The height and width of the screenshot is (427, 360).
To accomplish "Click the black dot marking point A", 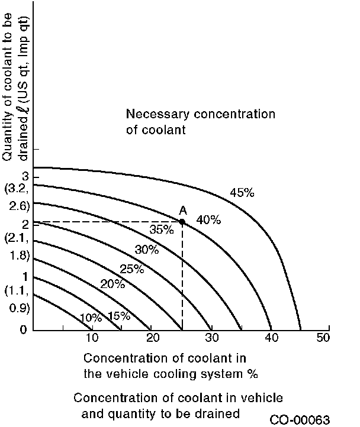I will click(182, 222).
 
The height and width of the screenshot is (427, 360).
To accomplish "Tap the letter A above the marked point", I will click(183, 211).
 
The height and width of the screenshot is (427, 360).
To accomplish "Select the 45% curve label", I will click(242, 192).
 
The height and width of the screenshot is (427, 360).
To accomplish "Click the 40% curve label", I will click(208, 220).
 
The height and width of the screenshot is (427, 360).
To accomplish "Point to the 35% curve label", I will click(161, 229).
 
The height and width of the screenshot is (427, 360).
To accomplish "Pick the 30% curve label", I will click(147, 250).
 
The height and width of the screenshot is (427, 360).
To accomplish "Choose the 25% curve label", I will click(132, 269).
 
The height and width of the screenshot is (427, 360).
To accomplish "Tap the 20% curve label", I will click(112, 284).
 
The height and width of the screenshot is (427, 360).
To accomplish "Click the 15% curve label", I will click(118, 316).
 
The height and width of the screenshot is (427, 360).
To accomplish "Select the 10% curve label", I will click(91, 318).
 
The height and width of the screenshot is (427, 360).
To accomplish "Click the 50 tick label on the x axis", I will click(323, 338).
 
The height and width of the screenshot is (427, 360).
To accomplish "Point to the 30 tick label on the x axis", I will click(211, 338).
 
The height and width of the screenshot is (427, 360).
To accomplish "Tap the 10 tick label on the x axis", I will click(92, 338).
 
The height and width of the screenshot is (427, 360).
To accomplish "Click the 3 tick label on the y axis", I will click(24, 177).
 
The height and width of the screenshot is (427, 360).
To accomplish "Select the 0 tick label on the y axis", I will click(23, 329).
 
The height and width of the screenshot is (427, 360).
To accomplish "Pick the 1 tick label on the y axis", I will click(24, 276).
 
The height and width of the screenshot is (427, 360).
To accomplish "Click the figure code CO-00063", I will click(300, 420).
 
